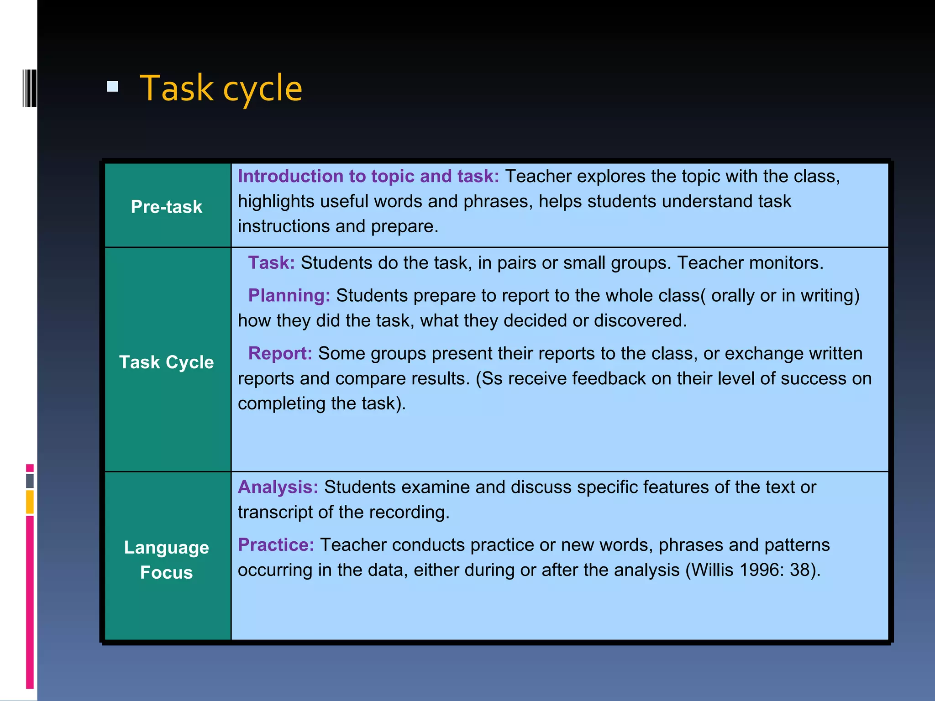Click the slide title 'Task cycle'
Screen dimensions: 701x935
click(221, 89)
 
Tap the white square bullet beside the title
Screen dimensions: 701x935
click(113, 86)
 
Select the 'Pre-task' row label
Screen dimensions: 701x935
click(167, 207)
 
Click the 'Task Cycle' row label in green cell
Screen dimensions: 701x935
click(167, 362)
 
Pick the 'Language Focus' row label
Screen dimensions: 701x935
click(167, 560)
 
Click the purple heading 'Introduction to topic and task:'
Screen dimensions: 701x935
click(368, 176)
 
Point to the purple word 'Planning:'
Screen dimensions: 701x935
click(289, 296)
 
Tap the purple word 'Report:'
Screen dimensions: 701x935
click(280, 354)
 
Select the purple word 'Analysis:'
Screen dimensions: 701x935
click(278, 487)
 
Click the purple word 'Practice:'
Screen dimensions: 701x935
click(276, 545)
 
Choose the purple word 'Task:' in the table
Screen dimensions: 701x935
click(272, 263)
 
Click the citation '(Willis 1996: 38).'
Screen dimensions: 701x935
click(753, 570)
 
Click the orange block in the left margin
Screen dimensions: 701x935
click(30, 502)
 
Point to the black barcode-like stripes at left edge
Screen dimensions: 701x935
click(30, 88)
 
